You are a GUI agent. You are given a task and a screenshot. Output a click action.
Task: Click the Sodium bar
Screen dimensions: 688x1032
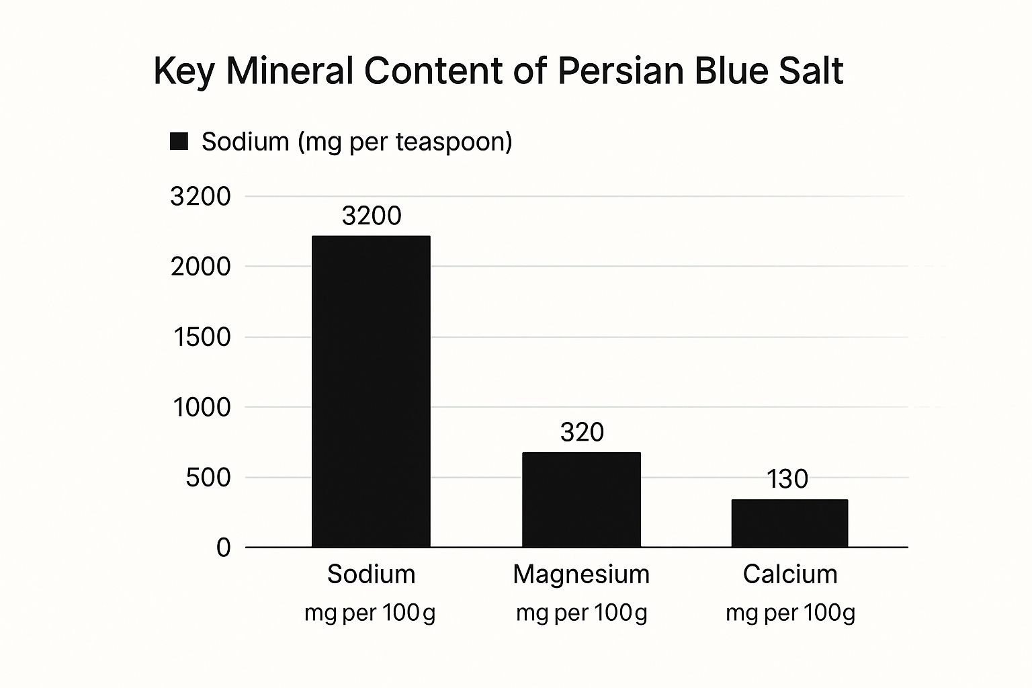pos(371,391)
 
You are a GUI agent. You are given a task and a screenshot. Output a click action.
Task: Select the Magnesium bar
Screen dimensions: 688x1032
pos(581,499)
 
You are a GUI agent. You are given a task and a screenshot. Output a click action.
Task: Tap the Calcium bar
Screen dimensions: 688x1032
pos(789,523)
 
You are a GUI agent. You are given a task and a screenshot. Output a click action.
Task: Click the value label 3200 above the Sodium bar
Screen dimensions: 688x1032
pos(372,216)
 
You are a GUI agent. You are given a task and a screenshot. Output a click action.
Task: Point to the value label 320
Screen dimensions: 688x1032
pos(582,432)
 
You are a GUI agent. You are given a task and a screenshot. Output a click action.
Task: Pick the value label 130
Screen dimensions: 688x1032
pos(787,479)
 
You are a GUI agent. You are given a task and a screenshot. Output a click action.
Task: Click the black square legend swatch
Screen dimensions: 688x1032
pos(179,141)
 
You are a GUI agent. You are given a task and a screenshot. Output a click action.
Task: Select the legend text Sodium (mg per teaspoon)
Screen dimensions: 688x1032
pos(357,142)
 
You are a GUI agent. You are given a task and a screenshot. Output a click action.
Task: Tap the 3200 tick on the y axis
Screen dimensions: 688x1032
pos(200,197)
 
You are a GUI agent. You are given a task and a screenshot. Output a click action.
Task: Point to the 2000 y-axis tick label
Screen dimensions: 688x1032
pos(200,267)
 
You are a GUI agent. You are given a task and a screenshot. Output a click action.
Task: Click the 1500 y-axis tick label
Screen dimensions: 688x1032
pos(202,337)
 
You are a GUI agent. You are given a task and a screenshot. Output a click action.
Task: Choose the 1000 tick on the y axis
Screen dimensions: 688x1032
pos(202,407)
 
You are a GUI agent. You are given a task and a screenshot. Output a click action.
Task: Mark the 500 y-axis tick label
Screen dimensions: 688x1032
pos(208,478)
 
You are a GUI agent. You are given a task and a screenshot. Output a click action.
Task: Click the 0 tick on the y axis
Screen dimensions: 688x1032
pos(223,548)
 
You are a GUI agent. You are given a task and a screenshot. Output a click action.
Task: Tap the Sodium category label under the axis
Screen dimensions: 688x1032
pos(371,574)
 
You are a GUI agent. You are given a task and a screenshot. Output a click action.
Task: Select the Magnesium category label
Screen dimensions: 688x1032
pos(581,574)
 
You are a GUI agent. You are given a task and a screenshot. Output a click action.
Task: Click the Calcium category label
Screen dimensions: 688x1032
pos(790,574)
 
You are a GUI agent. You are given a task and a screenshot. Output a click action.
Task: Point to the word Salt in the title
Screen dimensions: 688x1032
pos(810,71)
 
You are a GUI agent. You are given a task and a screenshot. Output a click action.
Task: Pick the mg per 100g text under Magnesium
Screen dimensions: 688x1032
pos(581,613)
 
